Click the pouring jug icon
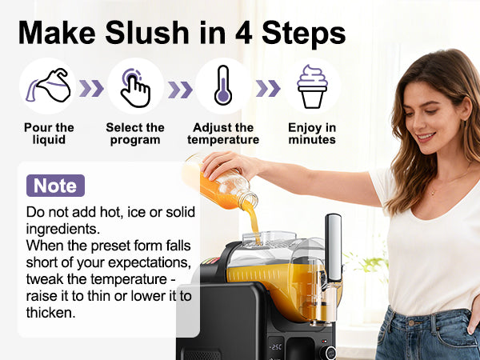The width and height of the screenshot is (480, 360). pos(49,86)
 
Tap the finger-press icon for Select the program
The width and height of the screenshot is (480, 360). pos(135,86)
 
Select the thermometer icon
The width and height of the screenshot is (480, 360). pos(223,86)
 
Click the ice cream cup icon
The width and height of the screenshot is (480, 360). pos(312,86)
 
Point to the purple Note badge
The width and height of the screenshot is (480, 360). pos(55,186)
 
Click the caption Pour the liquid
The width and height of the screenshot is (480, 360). pos(49,134)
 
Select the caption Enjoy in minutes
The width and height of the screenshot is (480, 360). pos(312,134)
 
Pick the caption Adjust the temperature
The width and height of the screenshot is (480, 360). pos(223,134)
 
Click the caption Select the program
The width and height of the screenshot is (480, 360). pos(135,134)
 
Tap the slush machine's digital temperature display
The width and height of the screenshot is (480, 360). pos(275,348)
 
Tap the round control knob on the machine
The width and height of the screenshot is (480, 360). pos(328,352)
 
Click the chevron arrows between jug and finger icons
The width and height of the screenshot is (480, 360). pos(91,87)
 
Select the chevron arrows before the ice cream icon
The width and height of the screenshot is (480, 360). pos(268,87)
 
